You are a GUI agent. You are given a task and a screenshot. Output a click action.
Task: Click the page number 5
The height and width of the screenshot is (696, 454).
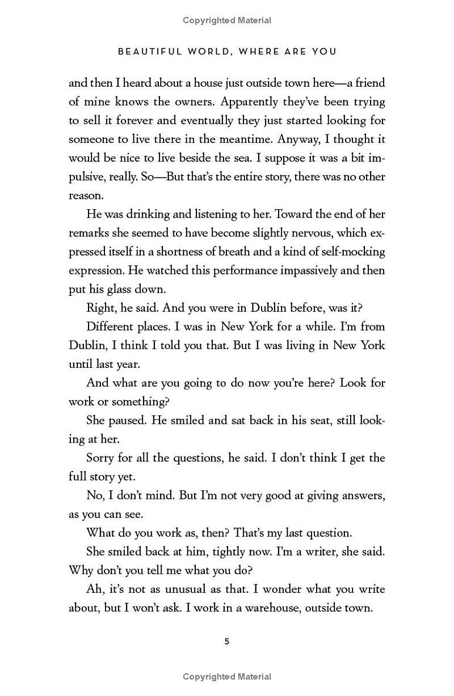click(x=227, y=642)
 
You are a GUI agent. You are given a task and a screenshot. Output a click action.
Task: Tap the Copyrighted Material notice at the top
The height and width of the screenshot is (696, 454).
click(x=227, y=20)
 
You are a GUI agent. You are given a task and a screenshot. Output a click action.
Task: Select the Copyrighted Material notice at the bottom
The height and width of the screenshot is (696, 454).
click(x=227, y=676)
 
